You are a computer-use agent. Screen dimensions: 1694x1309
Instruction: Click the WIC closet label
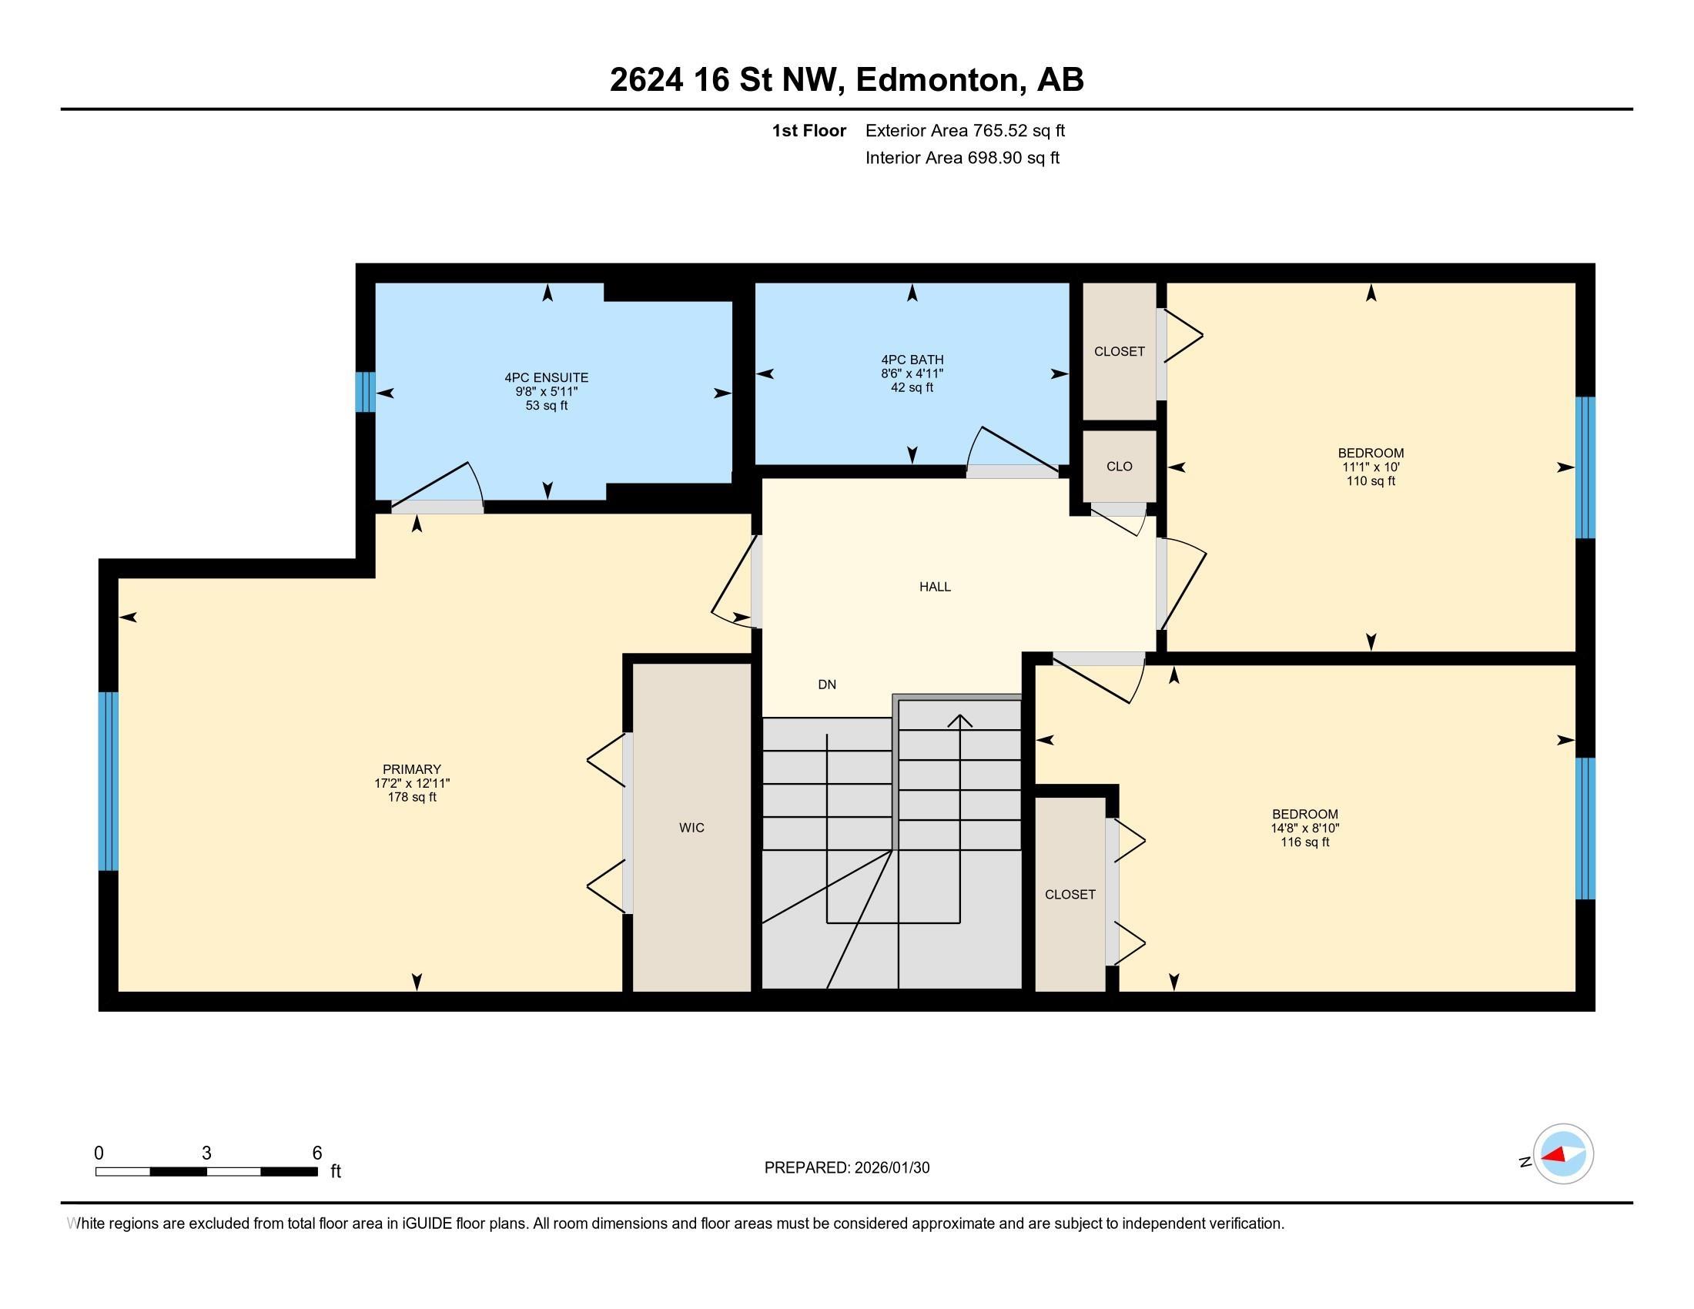(691, 829)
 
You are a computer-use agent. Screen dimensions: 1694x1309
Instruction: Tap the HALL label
(935, 587)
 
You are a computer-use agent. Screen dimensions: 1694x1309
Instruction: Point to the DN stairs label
(827, 685)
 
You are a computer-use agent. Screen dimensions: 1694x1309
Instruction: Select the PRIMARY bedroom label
(411, 770)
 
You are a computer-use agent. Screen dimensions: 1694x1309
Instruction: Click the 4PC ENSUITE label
(546, 377)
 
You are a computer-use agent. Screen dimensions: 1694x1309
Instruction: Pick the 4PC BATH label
(912, 360)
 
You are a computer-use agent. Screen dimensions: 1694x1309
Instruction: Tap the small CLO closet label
(1120, 467)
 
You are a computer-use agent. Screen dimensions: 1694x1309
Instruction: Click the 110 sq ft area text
(1371, 481)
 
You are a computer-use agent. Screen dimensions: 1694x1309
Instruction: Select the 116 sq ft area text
(1304, 843)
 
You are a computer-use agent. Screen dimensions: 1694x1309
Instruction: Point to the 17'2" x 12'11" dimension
(411, 784)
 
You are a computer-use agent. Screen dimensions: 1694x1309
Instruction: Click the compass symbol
(1562, 1154)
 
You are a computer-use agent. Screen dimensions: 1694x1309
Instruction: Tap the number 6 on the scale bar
(316, 1153)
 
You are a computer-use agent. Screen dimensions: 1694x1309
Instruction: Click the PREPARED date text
(846, 1168)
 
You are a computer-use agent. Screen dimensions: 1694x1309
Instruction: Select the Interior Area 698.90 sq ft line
(962, 158)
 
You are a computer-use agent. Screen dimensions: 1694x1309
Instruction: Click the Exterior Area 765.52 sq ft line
(965, 131)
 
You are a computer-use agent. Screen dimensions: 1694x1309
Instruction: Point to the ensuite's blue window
(365, 393)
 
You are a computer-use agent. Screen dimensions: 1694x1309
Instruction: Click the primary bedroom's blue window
(108, 782)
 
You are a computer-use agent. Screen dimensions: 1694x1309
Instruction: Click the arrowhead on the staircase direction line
(960, 721)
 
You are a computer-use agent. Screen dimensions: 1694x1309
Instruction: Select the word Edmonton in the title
(937, 80)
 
